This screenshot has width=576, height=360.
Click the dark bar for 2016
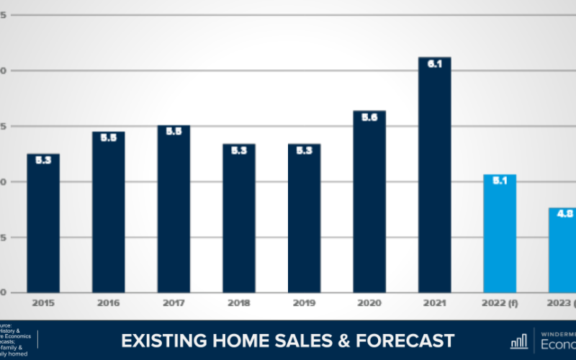coord(109,212)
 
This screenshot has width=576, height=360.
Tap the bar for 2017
coord(174,209)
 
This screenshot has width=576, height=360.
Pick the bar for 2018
coord(239,218)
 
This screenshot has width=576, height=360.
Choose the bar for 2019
coord(304,218)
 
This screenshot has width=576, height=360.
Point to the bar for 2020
coord(369,202)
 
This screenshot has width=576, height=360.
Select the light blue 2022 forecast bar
coord(500,233)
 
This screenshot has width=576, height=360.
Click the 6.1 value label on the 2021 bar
coord(434,64)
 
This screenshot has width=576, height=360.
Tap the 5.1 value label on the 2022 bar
coord(500,181)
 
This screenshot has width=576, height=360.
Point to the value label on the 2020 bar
coord(369,117)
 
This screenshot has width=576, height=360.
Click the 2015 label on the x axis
coord(43,303)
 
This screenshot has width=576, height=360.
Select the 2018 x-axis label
coord(239,303)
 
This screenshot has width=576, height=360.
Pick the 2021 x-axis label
coord(434,303)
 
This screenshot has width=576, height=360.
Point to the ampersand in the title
coord(356,341)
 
